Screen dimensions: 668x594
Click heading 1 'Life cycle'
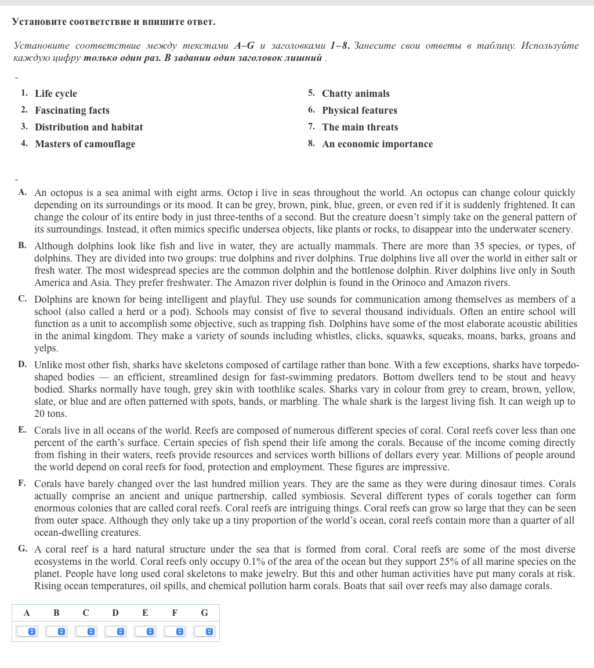pos(56,94)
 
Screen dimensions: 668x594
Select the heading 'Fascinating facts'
pos(72,111)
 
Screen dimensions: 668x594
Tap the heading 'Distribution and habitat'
pos(89,128)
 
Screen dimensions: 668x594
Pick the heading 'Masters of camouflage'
pos(85,144)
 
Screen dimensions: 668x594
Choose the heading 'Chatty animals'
pos(356,94)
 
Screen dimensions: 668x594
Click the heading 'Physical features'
pos(360,111)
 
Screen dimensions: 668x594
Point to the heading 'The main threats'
pos(360,128)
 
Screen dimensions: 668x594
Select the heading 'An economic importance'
pos(377,144)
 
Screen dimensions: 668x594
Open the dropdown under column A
pos(27,631)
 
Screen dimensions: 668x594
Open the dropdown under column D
pos(115,631)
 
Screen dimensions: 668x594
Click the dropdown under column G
pos(204,631)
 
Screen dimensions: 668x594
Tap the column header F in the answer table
pos(175,613)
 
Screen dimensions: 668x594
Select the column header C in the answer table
pos(86,613)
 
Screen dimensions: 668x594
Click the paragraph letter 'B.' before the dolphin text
pos(22,245)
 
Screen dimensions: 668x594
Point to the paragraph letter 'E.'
pos(22,430)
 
